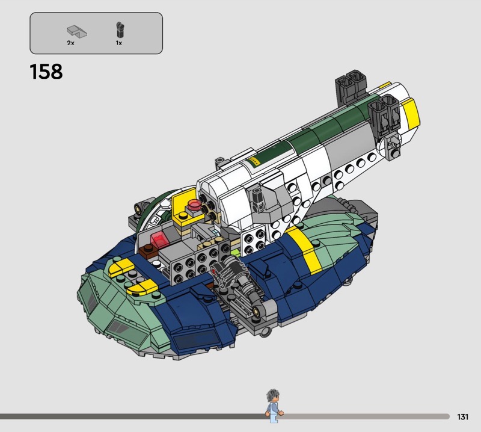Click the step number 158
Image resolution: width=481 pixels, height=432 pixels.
click(46, 72)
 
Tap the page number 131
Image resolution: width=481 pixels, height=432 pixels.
click(462, 416)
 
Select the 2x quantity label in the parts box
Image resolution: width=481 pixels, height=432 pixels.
click(70, 43)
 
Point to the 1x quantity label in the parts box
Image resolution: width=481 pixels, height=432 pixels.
click(118, 43)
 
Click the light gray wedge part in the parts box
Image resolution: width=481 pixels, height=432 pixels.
click(77, 32)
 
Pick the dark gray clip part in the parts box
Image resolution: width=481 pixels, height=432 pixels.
click(119, 29)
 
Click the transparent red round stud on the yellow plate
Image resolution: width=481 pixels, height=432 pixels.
click(194, 204)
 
